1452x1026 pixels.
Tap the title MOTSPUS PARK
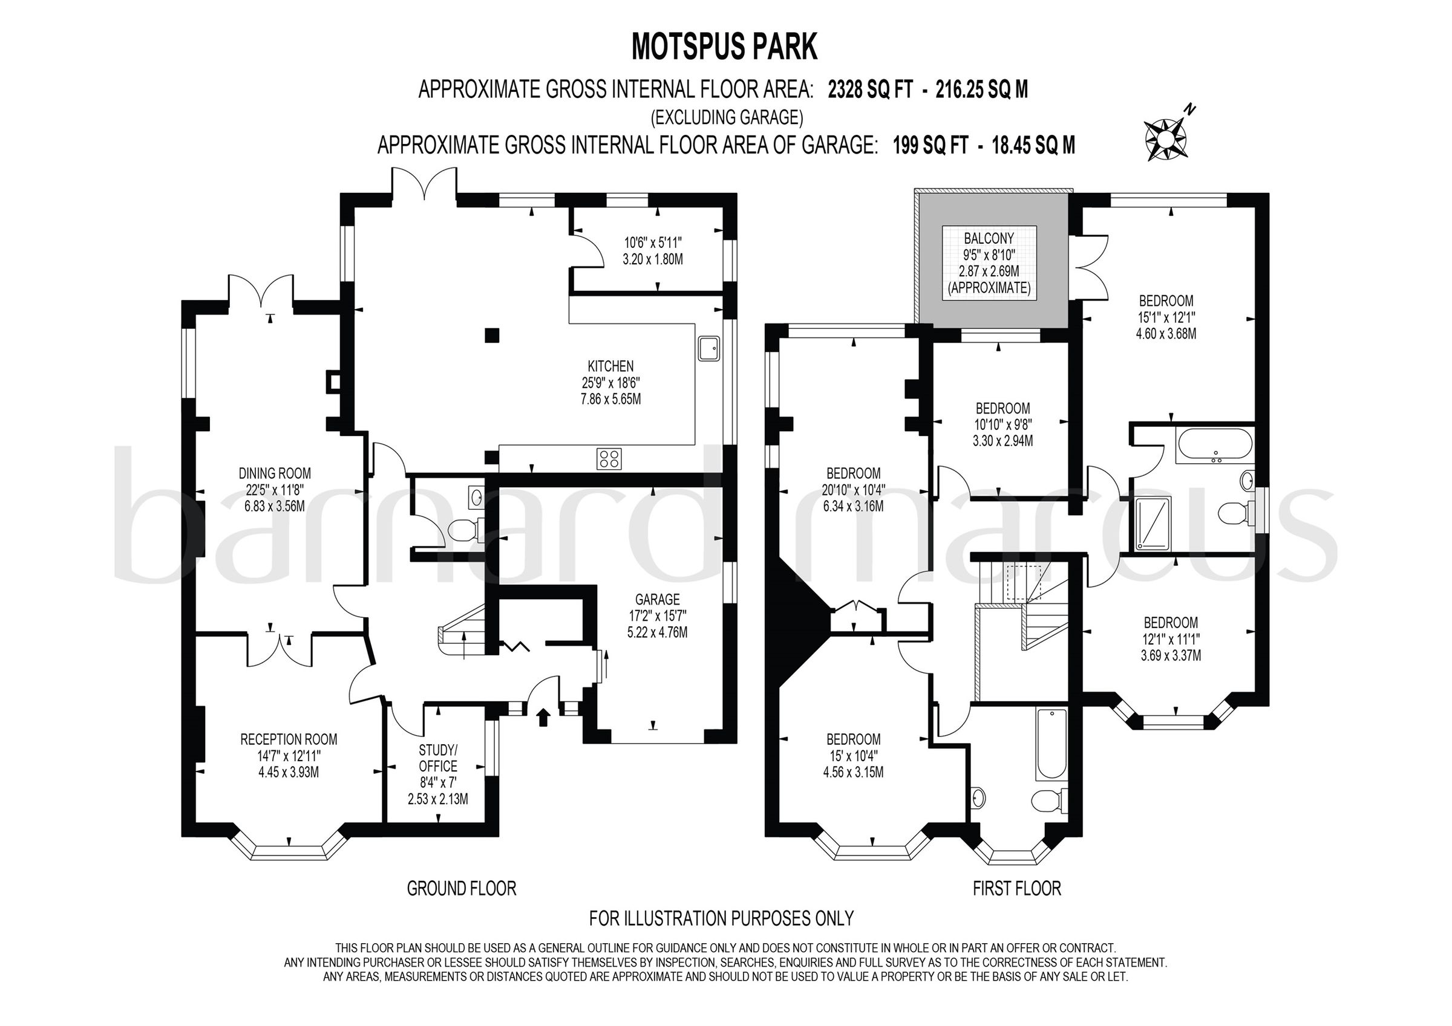click(725, 47)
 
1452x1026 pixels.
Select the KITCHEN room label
click(610, 366)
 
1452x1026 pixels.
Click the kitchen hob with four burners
click(609, 458)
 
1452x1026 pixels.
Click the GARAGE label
click(658, 599)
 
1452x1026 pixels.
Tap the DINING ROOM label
click(275, 473)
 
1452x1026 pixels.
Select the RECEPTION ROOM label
click(289, 739)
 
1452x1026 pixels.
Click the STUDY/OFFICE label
click(437, 758)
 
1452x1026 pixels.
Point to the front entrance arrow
click(543, 718)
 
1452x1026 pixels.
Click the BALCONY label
click(989, 238)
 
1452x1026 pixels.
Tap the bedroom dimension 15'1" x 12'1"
click(1166, 317)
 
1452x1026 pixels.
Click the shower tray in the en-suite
click(1154, 522)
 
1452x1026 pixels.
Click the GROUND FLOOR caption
click(462, 888)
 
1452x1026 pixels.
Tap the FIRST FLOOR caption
click(1016, 888)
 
